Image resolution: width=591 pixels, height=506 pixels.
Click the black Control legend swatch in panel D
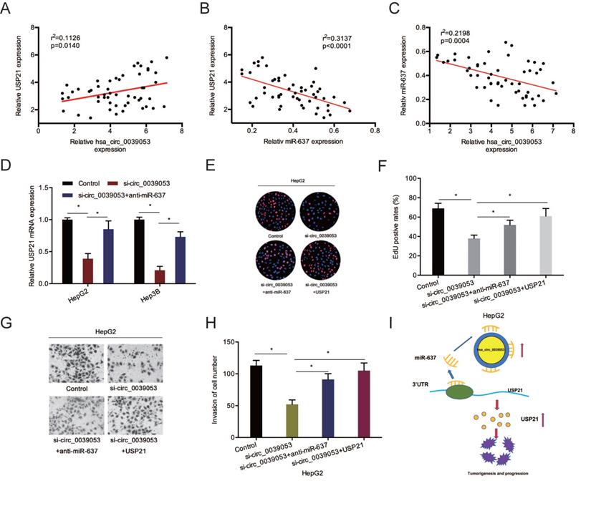[68, 183]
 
